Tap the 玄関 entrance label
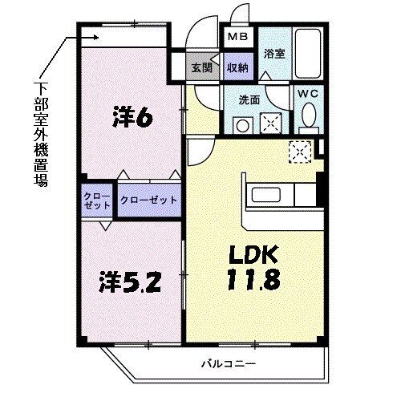tap(200, 68)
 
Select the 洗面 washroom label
tap(249, 102)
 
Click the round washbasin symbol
tap(239, 125)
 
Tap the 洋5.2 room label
tap(132, 282)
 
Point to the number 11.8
tap(252, 282)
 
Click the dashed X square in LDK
tap(301, 150)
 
